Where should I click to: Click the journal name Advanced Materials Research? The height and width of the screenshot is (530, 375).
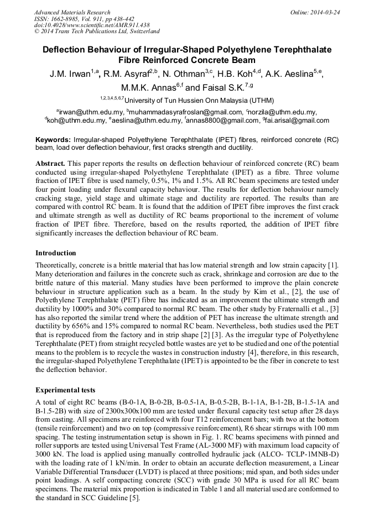point(72,12)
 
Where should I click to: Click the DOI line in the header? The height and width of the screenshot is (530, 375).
point(91,25)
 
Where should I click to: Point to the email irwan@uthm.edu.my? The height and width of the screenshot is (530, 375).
point(89,112)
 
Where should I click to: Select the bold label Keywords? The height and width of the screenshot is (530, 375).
point(53,140)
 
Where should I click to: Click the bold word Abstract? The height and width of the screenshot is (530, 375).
point(50,164)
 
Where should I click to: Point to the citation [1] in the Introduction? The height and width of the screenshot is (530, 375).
point(333,265)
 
